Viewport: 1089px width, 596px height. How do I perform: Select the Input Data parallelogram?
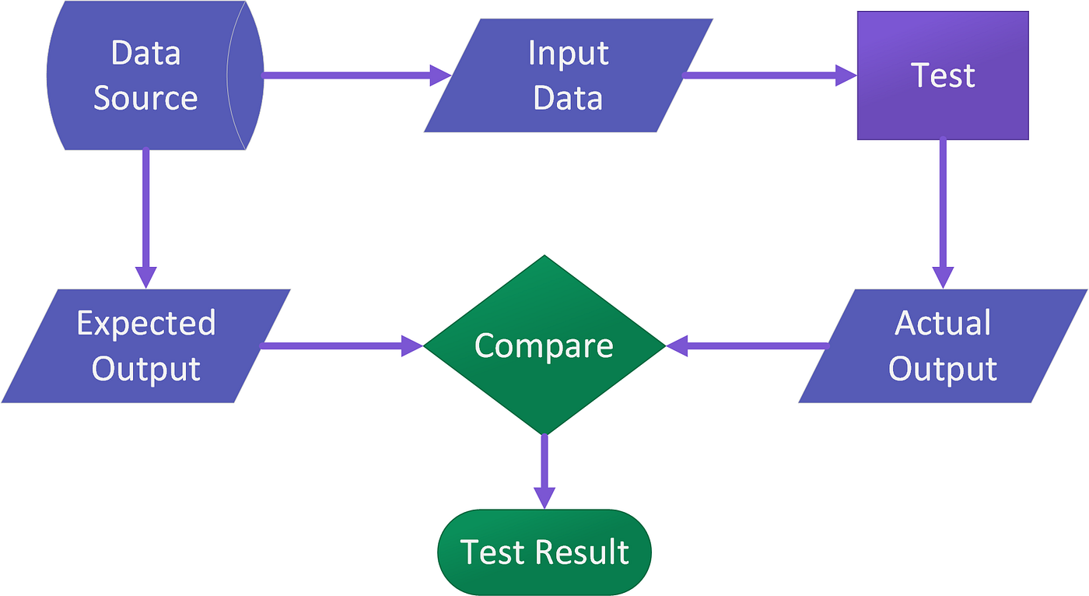coord(568,75)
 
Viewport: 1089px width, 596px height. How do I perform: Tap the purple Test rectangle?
coord(943,75)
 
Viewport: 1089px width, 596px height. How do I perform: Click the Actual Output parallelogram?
coord(943,345)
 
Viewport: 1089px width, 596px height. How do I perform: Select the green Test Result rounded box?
coord(544,552)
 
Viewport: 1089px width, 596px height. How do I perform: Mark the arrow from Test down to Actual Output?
coord(943,210)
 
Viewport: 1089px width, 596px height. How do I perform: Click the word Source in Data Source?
coord(145,99)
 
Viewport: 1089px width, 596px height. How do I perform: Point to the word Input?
coord(568,53)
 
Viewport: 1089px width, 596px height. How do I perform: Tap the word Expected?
coord(145,323)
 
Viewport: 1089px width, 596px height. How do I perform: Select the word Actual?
coord(943,323)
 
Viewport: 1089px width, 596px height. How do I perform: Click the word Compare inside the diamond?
coord(544,345)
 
